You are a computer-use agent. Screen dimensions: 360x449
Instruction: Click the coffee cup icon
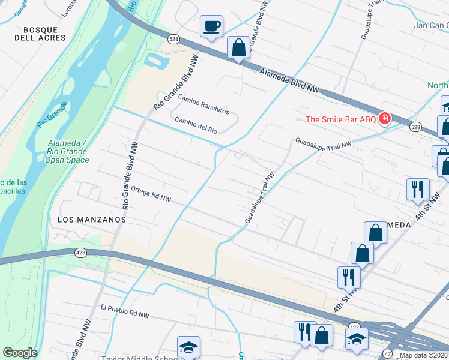211,26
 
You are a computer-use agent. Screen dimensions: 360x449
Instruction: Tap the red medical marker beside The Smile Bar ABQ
384,119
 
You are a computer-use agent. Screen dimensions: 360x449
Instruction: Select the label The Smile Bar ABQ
340,119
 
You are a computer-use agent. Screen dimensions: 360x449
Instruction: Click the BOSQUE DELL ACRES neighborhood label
40,34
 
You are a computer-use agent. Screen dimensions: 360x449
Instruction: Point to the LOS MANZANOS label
92,220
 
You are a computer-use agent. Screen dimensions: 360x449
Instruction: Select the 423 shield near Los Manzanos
80,253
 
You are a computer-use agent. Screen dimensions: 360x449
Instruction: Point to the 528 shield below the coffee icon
173,39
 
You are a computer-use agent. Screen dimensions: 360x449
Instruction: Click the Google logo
20,352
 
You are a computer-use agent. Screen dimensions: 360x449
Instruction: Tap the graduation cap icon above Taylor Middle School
188,347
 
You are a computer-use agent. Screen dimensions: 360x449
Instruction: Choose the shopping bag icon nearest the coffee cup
238,47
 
